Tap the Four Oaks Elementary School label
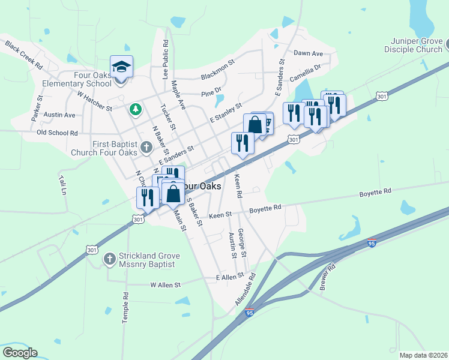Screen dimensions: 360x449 [77, 79]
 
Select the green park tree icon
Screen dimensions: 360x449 [136, 109]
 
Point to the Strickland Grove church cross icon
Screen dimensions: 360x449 [109, 259]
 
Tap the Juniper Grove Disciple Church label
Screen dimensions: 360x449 [414, 46]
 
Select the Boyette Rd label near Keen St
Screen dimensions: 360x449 [265, 208]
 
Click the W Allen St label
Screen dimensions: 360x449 [165, 285]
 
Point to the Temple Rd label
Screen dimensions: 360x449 [125, 308]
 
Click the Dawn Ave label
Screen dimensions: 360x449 [308, 53]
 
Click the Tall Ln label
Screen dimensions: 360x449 [62, 186]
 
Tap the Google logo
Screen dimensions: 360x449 [20, 353]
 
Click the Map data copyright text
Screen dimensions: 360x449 [423, 355]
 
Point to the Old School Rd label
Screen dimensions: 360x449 [58, 133]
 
